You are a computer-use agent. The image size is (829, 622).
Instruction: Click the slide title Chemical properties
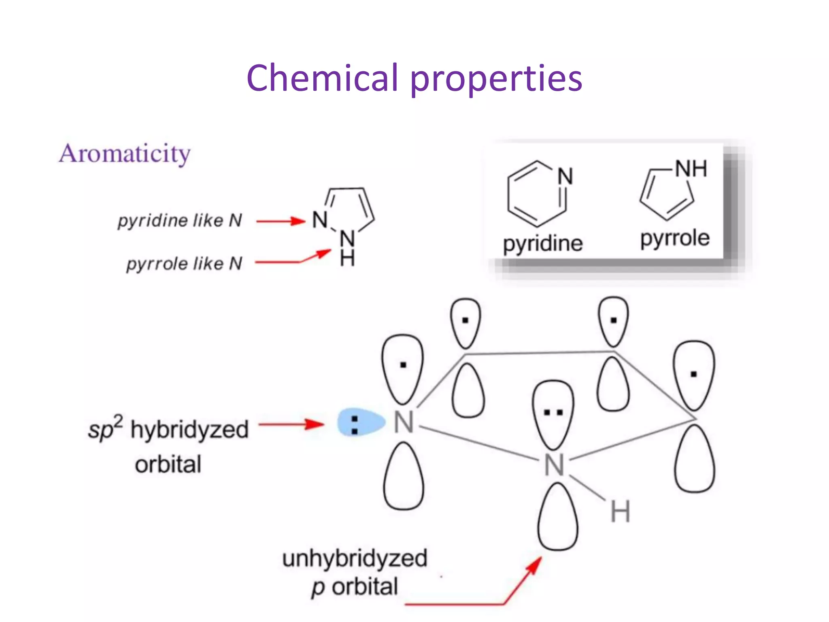414,78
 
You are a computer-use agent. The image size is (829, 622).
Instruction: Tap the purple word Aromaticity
125,154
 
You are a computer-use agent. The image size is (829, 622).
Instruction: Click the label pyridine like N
180,221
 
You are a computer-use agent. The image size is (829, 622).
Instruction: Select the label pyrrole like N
184,264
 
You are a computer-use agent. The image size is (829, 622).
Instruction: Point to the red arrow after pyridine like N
281,221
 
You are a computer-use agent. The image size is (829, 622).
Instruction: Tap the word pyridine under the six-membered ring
542,244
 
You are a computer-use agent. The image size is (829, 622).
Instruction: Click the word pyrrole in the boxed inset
675,238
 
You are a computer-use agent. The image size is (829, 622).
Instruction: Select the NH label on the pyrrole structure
691,169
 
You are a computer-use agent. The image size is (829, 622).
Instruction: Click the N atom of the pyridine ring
565,177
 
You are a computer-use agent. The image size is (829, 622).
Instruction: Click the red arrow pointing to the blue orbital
291,424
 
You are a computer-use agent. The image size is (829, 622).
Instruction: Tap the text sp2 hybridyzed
168,429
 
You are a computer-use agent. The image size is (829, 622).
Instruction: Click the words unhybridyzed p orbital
355,572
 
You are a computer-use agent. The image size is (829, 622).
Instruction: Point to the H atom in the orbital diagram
620,512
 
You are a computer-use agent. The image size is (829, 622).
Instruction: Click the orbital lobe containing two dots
553,413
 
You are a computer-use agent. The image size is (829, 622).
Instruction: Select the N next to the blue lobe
404,423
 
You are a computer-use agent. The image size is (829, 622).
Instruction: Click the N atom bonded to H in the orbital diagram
554,465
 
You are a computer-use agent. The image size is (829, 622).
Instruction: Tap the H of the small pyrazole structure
347,258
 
